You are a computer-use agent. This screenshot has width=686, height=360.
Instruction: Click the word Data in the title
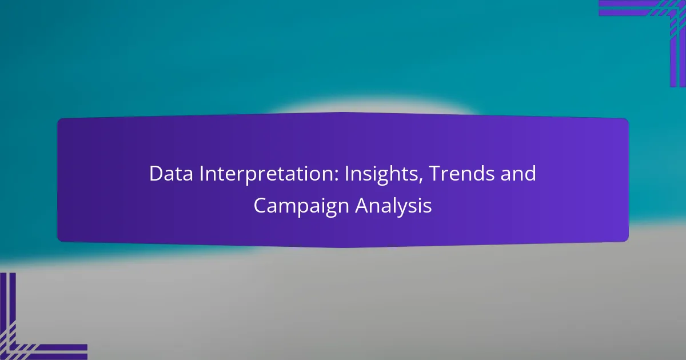click(x=171, y=174)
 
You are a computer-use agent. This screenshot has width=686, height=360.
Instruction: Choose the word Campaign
click(x=301, y=207)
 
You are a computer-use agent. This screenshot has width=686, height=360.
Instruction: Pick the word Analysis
click(x=394, y=207)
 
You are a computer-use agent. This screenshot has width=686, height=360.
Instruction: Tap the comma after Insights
click(x=421, y=181)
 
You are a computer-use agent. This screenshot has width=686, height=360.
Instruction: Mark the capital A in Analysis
click(x=362, y=205)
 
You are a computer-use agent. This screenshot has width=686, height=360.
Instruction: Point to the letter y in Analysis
click(x=413, y=210)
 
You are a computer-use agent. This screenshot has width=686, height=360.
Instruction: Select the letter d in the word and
click(x=531, y=174)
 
